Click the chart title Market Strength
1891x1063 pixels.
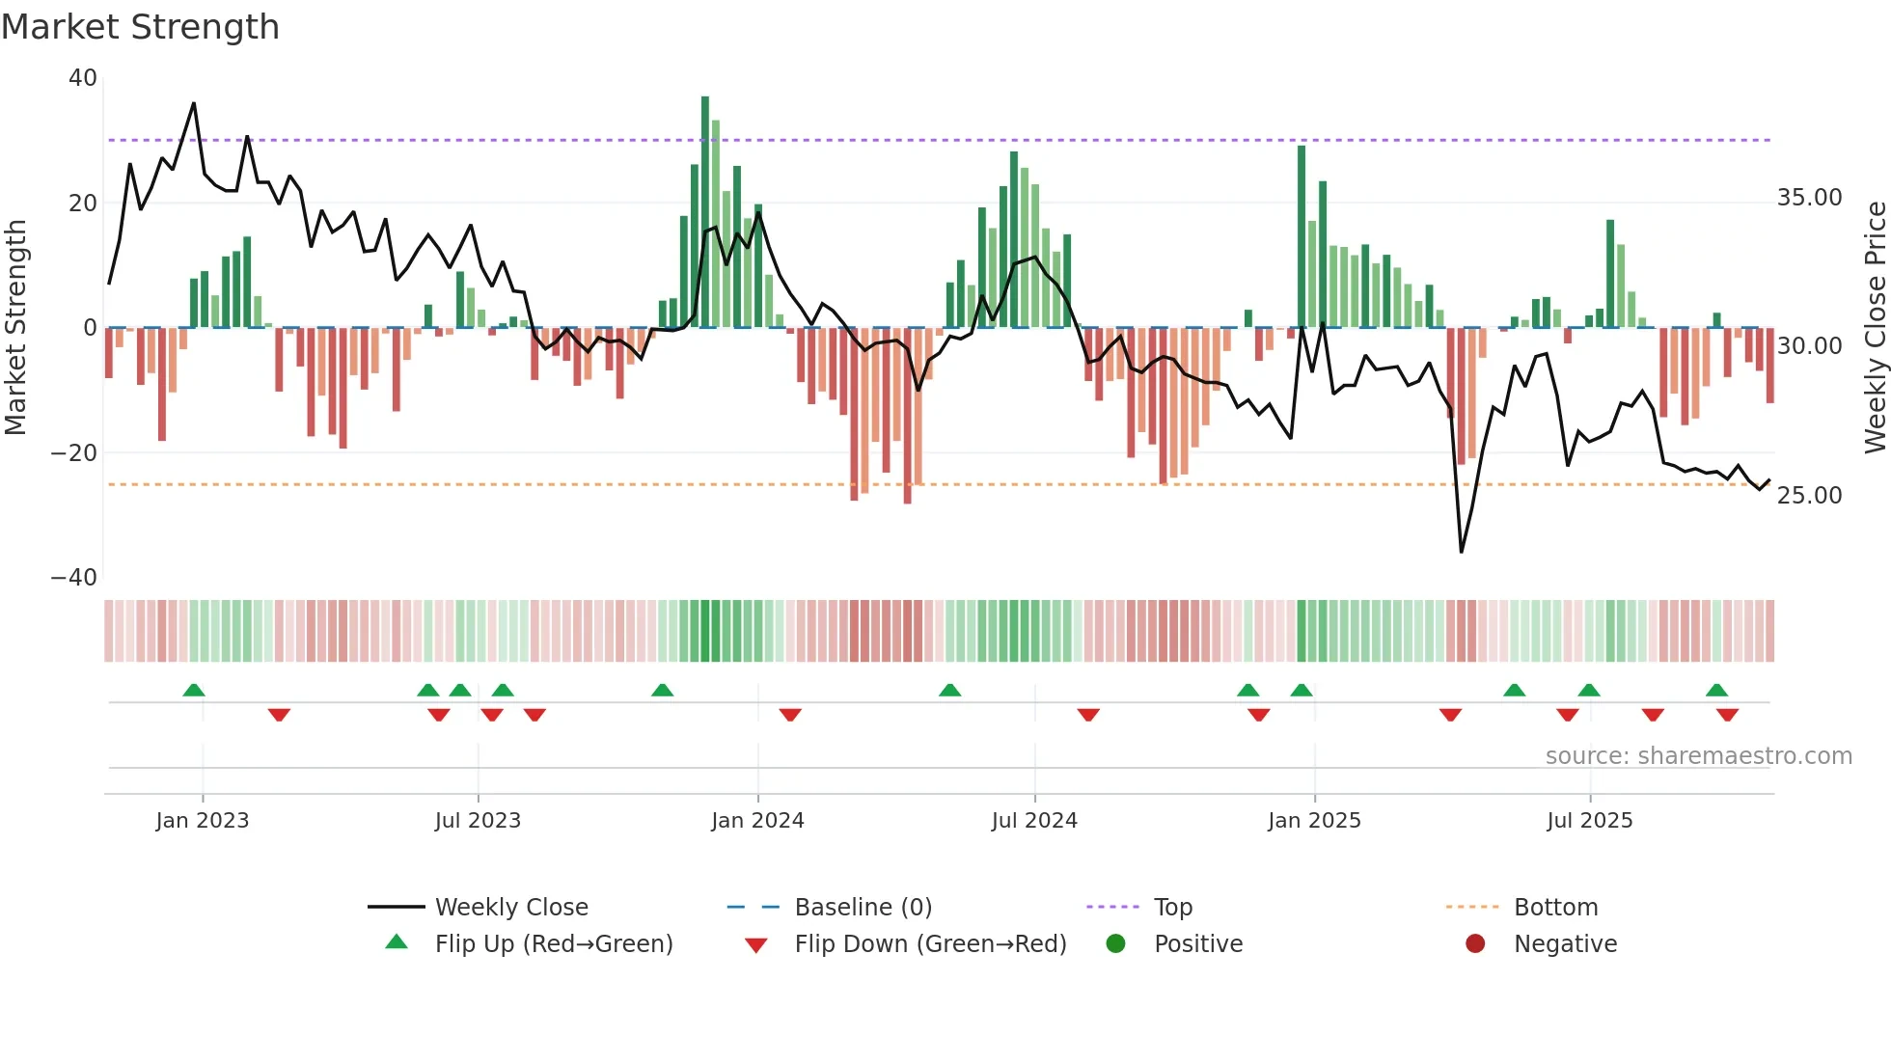(x=140, y=27)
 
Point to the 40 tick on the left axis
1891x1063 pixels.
(x=83, y=78)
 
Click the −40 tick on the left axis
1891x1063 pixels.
(x=74, y=578)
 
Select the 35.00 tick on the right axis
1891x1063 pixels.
(x=1809, y=198)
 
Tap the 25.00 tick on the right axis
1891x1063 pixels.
(x=1809, y=496)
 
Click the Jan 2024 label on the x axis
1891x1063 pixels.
(x=757, y=821)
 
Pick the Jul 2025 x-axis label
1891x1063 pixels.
(x=1589, y=821)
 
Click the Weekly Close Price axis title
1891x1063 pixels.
(x=1875, y=328)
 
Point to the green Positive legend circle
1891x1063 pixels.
(x=1116, y=944)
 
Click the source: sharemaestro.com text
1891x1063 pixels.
(x=1698, y=756)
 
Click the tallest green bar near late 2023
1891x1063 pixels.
(x=705, y=212)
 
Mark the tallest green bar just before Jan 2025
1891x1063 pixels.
(x=1302, y=236)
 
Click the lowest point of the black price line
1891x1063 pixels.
(x=1462, y=552)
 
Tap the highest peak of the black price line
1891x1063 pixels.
(x=194, y=103)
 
